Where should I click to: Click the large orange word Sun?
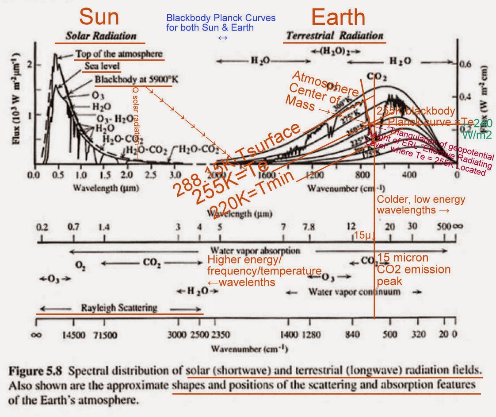[100, 17]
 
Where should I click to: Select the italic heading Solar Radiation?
[101, 36]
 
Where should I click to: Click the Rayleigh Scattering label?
[119, 307]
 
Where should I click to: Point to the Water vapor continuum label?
[354, 292]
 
